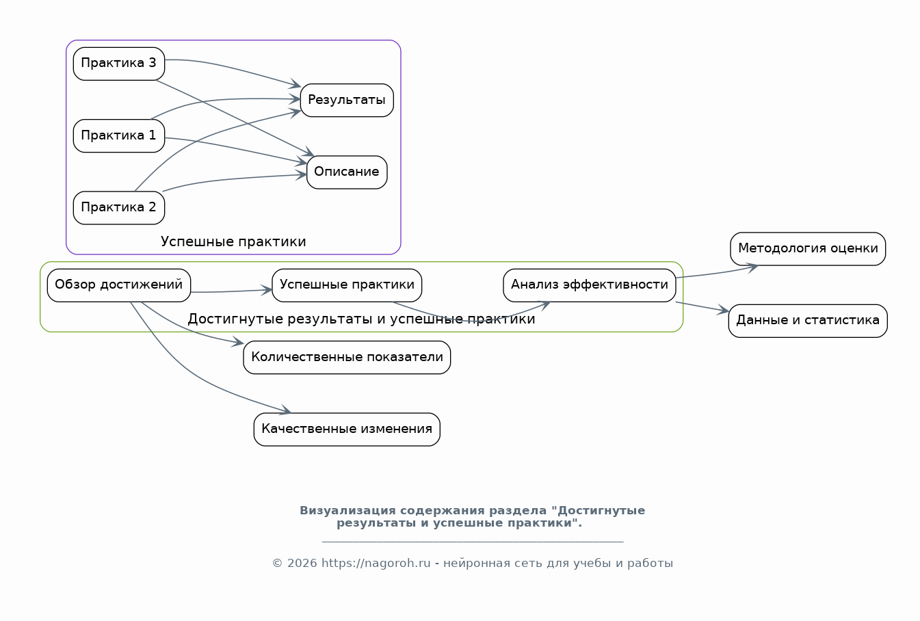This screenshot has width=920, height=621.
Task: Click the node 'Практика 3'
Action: click(119, 64)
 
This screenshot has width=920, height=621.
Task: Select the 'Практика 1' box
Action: click(119, 136)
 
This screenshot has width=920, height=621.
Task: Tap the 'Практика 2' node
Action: click(119, 208)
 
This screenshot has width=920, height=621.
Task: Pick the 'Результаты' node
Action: click(347, 101)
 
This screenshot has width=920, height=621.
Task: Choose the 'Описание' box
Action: click(347, 172)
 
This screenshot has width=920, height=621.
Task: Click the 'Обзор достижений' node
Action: click(119, 285)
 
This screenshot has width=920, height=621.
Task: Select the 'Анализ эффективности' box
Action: click(590, 285)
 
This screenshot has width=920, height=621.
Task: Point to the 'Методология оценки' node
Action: click(808, 249)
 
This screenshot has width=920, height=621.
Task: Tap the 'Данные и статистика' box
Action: click(808, 321)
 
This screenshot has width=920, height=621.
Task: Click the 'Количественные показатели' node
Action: click(347, 357)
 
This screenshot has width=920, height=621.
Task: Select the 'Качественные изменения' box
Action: click(347, 430)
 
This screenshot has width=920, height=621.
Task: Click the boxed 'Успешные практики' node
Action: click(347, 285)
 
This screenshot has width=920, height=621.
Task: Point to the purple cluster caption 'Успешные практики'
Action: click(233, 241)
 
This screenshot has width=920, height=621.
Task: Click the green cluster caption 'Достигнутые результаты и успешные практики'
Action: click(361, 319)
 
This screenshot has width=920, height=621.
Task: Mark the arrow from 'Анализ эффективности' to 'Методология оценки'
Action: click(718, 273)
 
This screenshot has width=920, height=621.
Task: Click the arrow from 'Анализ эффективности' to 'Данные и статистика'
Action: click(702, 307)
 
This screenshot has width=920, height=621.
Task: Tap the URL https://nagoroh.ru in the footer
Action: click(376, 563)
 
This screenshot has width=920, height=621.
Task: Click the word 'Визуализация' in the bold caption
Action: click(348, 510)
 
